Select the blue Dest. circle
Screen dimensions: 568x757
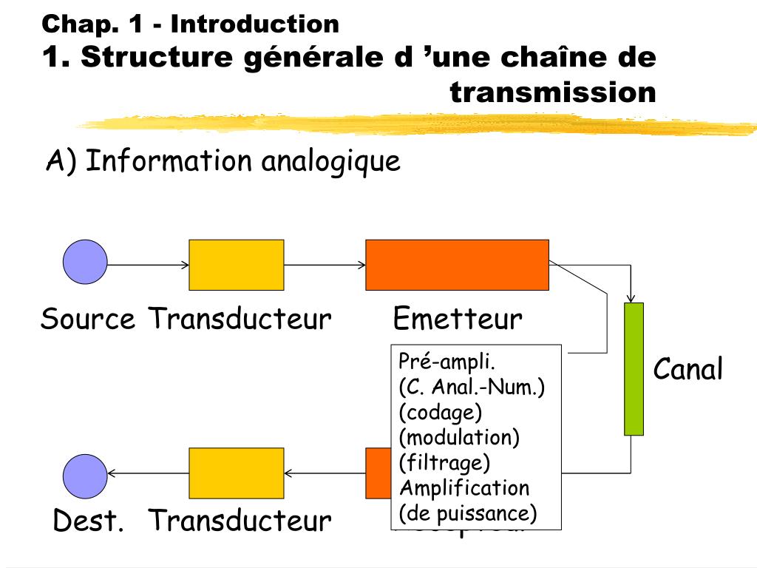click(85, 476)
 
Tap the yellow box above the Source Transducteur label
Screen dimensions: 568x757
click(237, 265)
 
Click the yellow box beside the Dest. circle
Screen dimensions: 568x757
click(237, 473)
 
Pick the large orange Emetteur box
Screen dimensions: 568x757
click(457, 265)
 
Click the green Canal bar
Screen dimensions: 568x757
click(634, 368)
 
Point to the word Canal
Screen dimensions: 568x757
click(688, 369)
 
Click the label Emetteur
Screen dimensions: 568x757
click(457, 319)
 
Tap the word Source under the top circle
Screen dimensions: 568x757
click(88, 319)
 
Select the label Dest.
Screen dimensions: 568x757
click(88, 521)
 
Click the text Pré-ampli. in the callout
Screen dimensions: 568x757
click(447, 362)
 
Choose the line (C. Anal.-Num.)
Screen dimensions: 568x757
click(472, 387)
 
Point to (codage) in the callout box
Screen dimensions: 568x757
click(440, 412)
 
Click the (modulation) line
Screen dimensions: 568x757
click(459, 437)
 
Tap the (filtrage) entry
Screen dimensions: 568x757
click(444, 462)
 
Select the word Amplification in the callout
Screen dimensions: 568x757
click(464, 487)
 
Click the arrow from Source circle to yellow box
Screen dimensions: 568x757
click(148, 264)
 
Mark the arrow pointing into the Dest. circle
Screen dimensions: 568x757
click(148, 473)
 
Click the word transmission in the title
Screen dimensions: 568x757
click(552, 92)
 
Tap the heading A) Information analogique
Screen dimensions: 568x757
click(223, 160)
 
